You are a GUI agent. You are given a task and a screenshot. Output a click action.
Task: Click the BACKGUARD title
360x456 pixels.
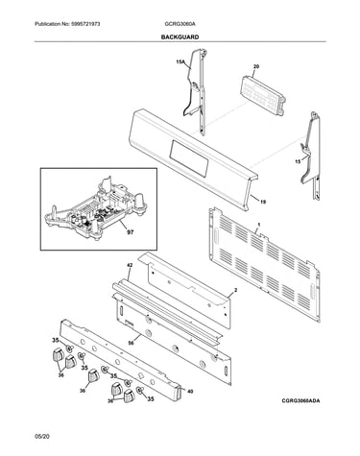pyautogui.click(x=180, y=37)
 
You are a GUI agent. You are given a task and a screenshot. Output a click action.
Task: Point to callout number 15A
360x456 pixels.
pyautogui.click(x=180, y=61)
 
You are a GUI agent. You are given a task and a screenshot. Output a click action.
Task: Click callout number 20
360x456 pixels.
pyautogui.click(x=256, y=66)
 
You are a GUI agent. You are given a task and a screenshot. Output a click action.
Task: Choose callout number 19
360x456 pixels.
pyautogui.click(x=263, y=202)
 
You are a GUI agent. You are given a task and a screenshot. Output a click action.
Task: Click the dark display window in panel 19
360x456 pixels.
pyautogui.click(x=189, y=159)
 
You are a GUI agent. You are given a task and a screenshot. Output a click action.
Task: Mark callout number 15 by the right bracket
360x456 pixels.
pyautogui.click(x=298, y=161)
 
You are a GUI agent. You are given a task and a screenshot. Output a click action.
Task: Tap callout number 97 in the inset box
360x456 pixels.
pyautogui.click(x=131, y=232)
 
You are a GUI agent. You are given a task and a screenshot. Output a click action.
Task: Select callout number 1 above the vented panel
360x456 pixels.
pyautogui.click(x=258, y=225)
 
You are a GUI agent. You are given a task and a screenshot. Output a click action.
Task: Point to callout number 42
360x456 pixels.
pyautogui.click(x=131, y=265)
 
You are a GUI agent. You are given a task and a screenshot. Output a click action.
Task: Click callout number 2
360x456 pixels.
pyautogui.click(x=235, y=290)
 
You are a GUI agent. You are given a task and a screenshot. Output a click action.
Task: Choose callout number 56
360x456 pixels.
pyautogui.click(x=131, y=343)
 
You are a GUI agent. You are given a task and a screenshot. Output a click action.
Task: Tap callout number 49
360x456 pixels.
pyautogui.click(x=190, y=391)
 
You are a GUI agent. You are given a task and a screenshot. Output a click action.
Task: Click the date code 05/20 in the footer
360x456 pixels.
pyautogui.click(x=42, y=436)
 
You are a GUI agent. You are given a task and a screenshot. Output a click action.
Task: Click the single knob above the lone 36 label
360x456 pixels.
pyautogui.click(x=93, y=375)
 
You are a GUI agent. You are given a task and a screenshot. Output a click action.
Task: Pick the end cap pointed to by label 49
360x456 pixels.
pyautogui.click(x=178, y=392)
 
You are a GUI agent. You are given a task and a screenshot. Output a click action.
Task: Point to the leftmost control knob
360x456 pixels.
pyautogui.click(x=57, y=355)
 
